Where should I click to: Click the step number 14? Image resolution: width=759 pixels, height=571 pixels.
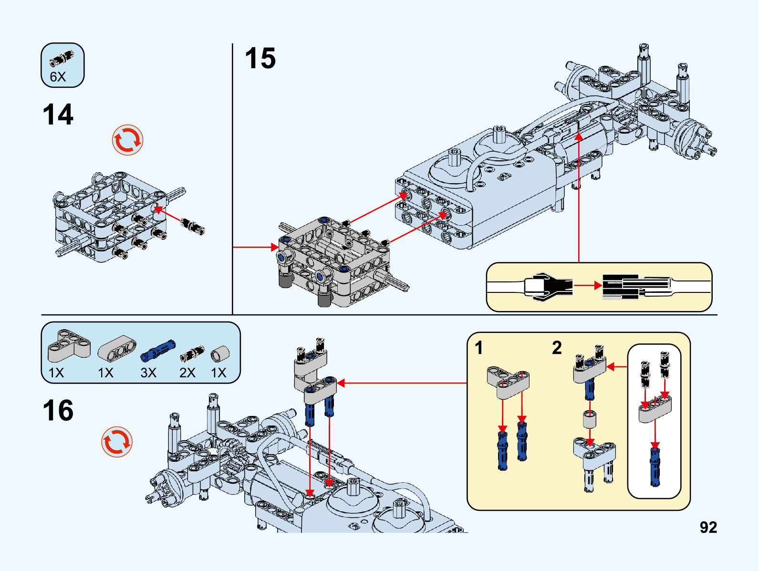point(58,115)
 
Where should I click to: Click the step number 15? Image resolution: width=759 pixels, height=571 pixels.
point(260,59)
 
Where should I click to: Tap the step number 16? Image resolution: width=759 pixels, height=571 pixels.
point(58,411)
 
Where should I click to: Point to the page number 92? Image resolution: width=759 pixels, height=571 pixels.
point(708,527)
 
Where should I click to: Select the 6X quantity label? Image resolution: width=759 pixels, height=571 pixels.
point(58,77)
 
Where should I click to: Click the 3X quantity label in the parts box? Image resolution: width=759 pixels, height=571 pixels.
point(148,373)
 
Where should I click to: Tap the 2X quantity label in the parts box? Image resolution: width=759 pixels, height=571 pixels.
point(187,373)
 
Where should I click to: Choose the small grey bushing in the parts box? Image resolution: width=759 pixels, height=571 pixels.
point(220,353)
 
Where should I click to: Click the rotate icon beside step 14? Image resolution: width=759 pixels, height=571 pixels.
point(127,140)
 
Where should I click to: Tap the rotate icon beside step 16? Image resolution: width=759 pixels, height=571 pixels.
point(116,442)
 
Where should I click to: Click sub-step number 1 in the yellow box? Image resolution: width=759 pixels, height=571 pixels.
point(479,348)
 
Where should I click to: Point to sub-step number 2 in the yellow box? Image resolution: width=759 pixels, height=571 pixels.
point(557,348)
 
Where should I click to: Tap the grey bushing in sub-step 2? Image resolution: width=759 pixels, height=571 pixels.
point(590,420)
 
